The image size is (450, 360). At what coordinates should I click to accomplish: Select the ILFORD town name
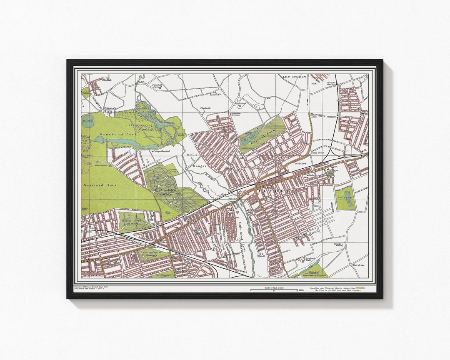(275, 191)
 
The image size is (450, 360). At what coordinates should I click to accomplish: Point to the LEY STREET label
(294, 77)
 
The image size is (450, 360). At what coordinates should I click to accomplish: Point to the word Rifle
(192, 155)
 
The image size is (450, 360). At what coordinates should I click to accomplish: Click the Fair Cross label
(358, 265)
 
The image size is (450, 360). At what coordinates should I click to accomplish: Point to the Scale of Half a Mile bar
(273, 290)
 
